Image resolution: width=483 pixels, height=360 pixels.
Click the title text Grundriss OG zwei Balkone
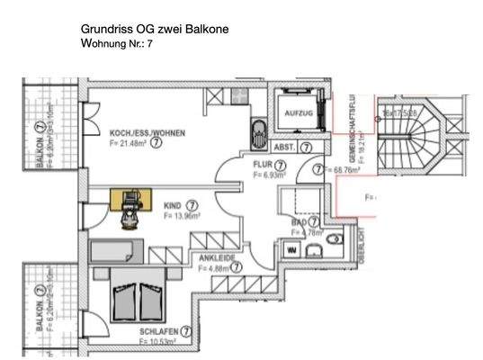click(155, 29)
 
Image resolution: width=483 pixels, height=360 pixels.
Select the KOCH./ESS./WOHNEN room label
click(148, 131)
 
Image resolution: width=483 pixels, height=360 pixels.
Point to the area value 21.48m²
click(128, 142)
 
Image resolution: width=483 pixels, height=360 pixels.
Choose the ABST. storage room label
click(284, 147)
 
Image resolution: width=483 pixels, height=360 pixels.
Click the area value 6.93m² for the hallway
click(268, 175)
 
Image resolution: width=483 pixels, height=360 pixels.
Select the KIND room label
click(172, 205)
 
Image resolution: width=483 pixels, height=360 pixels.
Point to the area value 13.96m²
click(181, 216)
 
